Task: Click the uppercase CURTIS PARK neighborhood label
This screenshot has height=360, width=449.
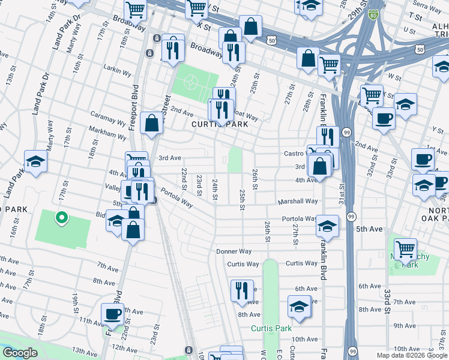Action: [x=215, y=124]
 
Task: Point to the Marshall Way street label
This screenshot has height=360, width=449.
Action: [x=297, y=202]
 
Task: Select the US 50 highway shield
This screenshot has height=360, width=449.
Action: [x=273, y=40]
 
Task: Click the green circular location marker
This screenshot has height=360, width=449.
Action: [x=60, y=218]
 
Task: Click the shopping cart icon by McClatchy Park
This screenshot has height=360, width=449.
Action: [x=406, y=247]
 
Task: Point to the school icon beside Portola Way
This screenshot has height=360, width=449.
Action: [x=327, y=226]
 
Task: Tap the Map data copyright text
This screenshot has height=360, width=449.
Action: [x=412, y=355]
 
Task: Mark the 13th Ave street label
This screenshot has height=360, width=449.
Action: [x=84, y=350]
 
